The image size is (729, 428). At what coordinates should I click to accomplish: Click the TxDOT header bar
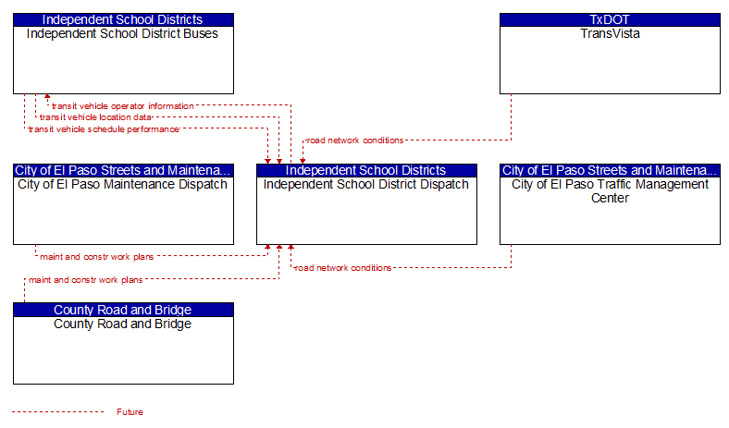[610, 19]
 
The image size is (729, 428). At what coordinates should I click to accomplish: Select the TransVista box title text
[610, 33]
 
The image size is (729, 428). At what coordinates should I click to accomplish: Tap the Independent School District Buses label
[122, 33]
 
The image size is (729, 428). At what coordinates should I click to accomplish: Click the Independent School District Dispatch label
[366, 185]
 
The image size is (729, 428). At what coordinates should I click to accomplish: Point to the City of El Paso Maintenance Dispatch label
[122, 185]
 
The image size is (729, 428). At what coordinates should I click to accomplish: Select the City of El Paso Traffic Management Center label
[610, 191]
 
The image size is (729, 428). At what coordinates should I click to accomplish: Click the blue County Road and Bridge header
[123, 310]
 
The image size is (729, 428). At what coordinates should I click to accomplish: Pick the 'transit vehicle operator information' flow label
[123, 106]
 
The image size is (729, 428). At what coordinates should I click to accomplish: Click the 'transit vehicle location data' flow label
[95, 117]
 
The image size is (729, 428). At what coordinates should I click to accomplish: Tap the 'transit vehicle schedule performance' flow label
[104, 129]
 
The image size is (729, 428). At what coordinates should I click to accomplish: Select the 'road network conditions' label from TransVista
[354, 141]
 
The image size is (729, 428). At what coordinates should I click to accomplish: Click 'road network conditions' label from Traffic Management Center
[342, 268]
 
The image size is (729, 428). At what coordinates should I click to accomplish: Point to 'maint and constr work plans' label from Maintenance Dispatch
[97, 256]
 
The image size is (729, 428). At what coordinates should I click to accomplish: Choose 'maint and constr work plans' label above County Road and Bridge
[85, 280]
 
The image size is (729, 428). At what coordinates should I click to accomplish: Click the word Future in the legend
[130, 411]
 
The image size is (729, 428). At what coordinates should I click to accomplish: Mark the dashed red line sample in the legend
[58, 411]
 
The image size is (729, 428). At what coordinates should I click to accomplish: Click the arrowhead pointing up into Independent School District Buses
[47, 96]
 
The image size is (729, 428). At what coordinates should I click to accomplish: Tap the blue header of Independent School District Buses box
[123, 19]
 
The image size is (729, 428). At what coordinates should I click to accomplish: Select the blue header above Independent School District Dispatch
[366, 170]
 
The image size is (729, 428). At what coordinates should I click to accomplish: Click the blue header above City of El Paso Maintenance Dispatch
[123, 170]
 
